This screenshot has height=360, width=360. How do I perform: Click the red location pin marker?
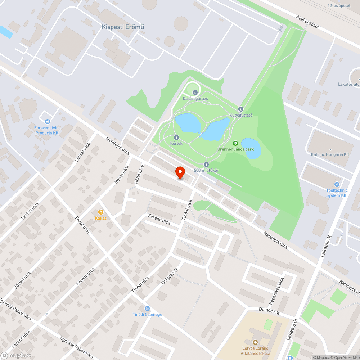(180, 172)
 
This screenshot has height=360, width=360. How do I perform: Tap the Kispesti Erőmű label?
(123, 27)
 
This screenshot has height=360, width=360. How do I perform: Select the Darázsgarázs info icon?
(195, 92)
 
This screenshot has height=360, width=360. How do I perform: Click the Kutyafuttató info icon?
(241, 109)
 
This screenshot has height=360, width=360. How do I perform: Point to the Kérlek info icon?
(176, 138)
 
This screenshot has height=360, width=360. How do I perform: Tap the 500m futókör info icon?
(206, 165)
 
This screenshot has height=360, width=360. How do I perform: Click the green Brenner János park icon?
(235, 143)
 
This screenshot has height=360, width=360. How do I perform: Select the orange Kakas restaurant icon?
(101, 212)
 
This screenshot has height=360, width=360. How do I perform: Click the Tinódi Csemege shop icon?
(147, 309)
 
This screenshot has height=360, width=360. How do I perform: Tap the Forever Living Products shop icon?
(48, 122)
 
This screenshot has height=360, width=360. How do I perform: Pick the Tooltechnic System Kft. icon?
(337, 184)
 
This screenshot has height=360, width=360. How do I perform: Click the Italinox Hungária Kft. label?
(330, 154)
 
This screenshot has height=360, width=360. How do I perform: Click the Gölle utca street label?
(139, 175)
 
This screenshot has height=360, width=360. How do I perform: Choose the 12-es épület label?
(339, 5)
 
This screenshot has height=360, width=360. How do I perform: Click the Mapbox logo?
(16, 355)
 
